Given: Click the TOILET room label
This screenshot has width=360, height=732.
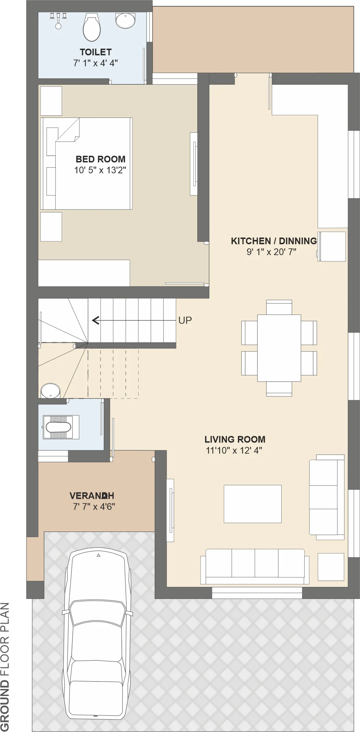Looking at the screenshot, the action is click(x=96, y=52).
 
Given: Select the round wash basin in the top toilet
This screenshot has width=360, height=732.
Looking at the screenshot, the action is click(x=125, y=20).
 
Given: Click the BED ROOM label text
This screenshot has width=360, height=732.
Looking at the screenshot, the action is click(x=101, y=159).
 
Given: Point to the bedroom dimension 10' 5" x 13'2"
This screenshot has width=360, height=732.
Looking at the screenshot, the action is click(x=100, y=170).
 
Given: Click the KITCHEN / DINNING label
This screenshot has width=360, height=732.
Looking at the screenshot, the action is click(x=274, y=241).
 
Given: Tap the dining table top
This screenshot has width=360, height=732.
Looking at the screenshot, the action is click(x=279, y=348).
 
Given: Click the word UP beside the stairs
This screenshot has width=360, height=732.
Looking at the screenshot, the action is click(x=185, y=320).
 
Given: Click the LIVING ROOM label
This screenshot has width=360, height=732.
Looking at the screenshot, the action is click(x=235, y=439).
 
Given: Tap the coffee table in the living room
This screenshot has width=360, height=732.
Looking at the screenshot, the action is click(x=253, y=504).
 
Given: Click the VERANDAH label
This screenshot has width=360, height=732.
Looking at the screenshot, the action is click(x=92, y=496).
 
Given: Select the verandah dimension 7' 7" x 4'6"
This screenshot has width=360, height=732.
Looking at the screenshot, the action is click(x=94, y=507).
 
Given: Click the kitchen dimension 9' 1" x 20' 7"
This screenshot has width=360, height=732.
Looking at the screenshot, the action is click(x=271, y=252).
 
